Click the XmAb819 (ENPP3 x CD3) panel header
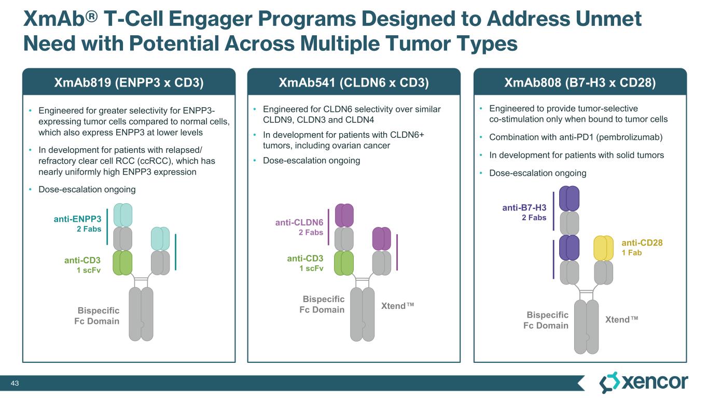(x=129, y=82)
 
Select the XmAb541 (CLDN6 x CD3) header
(x=354, y=82)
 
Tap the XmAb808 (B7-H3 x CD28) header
(x=580, y=82)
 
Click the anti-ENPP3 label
(x=78, y=219)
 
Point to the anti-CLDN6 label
(x=299, y=223)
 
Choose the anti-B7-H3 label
(x=524, y=208)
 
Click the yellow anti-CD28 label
(x=642, y=243)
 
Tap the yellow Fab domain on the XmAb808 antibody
(x=603, y=248)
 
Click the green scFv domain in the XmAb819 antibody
(x=123, y=263)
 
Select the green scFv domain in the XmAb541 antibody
(x=343, y=263)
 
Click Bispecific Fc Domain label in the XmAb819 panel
(x=98, y=316)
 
